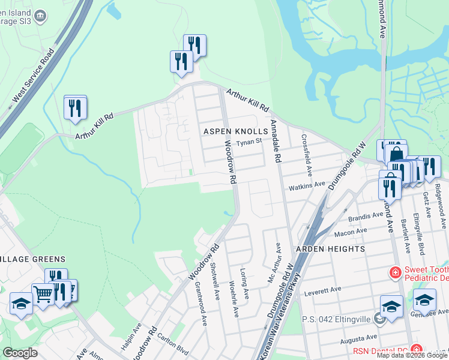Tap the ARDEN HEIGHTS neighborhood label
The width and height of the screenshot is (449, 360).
(330, 248)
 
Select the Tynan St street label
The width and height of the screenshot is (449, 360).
(249, 142)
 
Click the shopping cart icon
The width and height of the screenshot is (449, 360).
(43, 294)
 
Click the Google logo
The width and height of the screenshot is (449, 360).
(20, 353)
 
